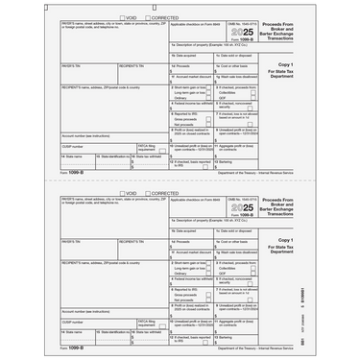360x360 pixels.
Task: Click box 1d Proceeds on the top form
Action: coord(192,71)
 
